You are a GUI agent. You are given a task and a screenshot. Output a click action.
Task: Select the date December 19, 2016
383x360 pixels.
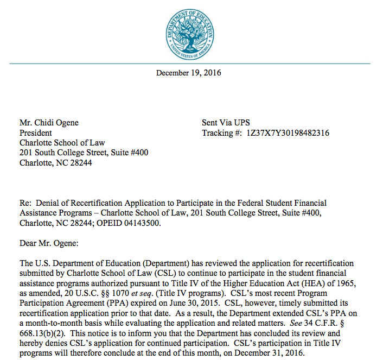point(188,73)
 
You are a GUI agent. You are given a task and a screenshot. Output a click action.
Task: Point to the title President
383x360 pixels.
point(36,133)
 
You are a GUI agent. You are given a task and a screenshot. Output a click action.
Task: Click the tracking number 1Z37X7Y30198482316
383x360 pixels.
point(288,133)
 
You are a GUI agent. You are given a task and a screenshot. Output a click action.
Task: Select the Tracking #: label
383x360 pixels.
point(221,133)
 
